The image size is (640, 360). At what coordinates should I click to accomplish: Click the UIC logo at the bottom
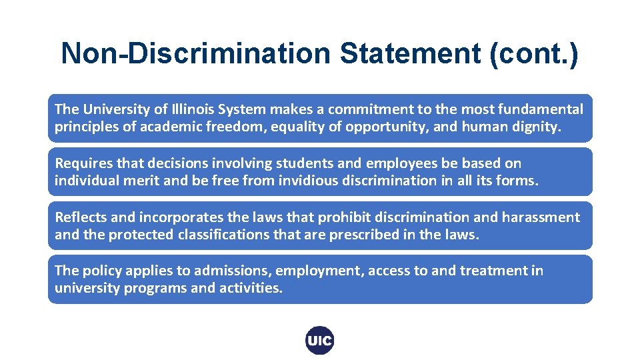click(319, 341)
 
